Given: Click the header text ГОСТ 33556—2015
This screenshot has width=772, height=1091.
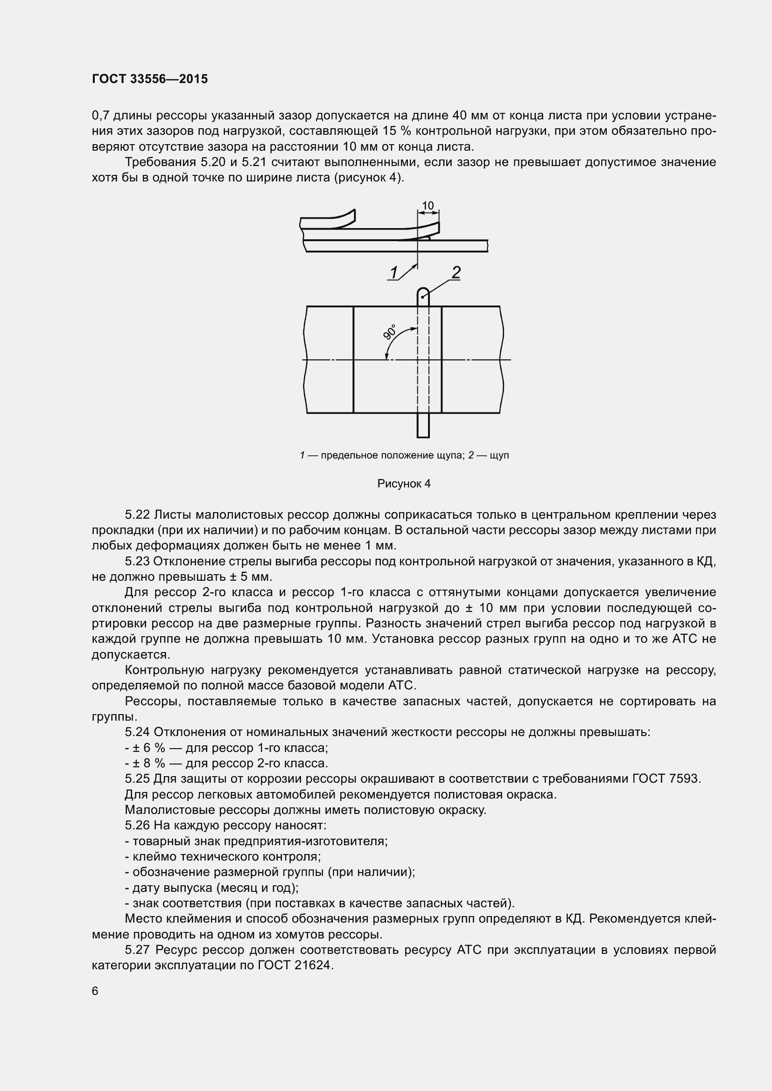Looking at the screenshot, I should (x=150, y=79).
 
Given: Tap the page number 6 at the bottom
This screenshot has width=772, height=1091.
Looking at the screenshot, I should (x=95, y=991).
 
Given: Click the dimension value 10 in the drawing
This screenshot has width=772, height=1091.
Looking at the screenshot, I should (x=428, y=205).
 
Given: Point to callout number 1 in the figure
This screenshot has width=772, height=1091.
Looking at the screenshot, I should (x=393, y=273).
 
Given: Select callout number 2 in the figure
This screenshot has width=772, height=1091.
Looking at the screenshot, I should (x=456, y=272).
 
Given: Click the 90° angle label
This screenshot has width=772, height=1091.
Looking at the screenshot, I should (x=390, y=332).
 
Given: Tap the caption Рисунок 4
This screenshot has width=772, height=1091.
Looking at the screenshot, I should (x=404, y=484).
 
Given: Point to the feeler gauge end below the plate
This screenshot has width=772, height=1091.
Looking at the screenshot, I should (x=423, y=426).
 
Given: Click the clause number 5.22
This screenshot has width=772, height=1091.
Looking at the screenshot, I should (x=138, y=514).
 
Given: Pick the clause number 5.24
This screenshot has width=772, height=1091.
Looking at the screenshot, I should (x=138, y=732).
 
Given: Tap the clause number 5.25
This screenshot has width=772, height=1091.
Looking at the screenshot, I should (x=138, y=779).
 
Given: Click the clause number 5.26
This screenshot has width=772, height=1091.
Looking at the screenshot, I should (x=138, y=826).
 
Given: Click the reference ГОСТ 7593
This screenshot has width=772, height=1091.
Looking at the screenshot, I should (x=667, y=779).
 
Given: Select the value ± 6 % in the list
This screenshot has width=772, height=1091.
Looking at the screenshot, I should (x=149, y=748).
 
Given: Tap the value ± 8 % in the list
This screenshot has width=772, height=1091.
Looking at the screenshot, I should (x=149, y=763).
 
